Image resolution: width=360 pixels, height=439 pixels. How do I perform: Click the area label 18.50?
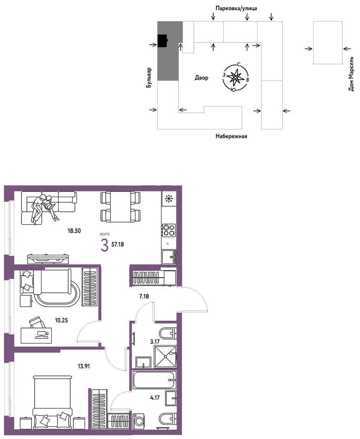tap(74, 231)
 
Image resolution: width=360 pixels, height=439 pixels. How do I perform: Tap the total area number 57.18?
tap(118, 244)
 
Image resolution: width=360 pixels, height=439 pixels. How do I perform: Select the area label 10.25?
tap(61, 320)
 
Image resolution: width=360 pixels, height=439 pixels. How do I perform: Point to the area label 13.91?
tap(84, 366)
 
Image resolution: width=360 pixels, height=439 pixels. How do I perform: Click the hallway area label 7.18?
tap(144, 296)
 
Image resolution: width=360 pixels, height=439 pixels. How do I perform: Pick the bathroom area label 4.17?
tap(155, 398)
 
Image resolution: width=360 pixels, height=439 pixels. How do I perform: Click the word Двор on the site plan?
tap(202, 78)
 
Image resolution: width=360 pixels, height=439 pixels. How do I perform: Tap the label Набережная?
tap(231, 136)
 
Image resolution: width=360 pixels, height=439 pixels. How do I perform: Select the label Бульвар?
tap(149, 78)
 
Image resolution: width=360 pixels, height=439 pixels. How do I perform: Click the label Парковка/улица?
tap(236, 9)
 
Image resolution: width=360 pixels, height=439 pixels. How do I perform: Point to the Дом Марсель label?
tap(351, 74)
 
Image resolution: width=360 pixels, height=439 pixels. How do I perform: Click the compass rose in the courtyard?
tap(236, 77)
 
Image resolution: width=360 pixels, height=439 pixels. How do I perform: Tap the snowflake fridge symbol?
tap(169, 199)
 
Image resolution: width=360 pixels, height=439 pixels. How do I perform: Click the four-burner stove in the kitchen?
tap(169, 230)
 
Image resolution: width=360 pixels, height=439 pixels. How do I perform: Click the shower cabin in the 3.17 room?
tap(165, 357)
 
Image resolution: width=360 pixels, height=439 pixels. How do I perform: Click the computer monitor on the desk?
tap(42, 334)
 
